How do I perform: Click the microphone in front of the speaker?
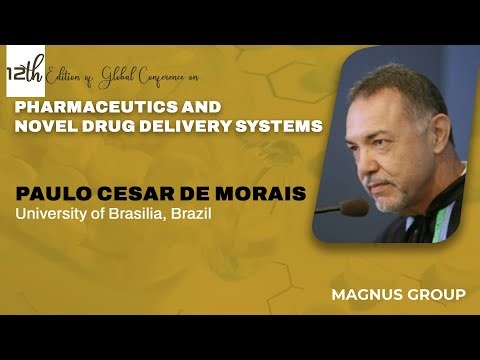[x=352, y=208]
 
